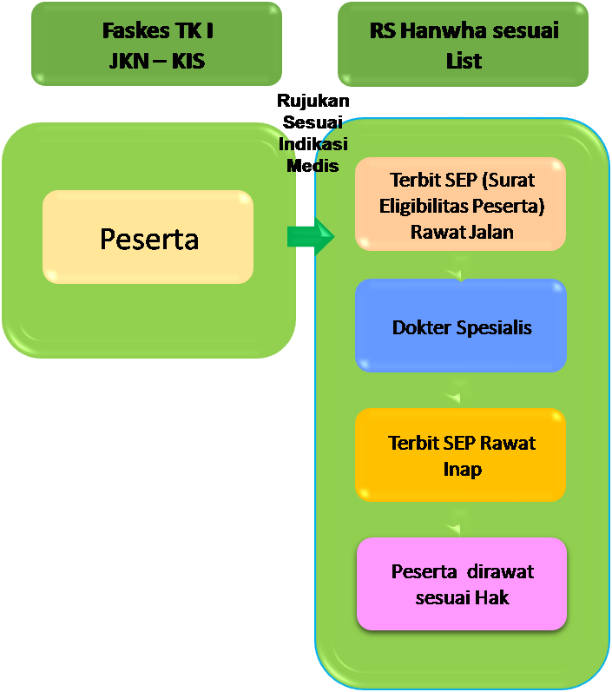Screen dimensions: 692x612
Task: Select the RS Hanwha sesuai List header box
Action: (x=463, y=43)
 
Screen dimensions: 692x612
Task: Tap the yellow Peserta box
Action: (x=148, y=238)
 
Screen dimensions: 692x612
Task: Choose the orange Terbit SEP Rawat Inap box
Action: (x=461, y=455)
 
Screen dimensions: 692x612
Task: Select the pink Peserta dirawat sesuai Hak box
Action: (x=461, y=583)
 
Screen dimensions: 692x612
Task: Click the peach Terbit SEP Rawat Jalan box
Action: (x=461, y=206)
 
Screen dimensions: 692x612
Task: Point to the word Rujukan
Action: (x=313, y=102)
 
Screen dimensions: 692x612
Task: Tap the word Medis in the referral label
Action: (x=313, y=165)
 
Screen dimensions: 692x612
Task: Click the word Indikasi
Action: (x=313, y=144)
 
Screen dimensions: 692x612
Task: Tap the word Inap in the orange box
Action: (x=461, y=469)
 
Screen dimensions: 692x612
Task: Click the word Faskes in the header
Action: (x=131, y=31)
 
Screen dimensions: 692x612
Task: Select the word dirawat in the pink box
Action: (x=500, y=571)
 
